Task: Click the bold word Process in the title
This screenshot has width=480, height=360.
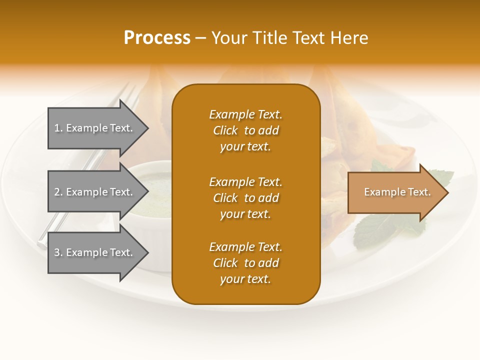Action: [157, 37]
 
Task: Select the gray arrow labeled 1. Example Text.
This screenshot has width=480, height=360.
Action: [95, 128]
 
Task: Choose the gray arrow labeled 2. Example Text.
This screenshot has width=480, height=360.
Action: [95, 192]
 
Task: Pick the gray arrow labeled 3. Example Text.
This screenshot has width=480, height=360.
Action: [95, 252]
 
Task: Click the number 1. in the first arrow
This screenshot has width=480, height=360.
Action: [58, 128]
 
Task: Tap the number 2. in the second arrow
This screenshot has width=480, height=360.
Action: [58, 192]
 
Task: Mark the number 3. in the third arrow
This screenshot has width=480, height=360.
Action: [58, 252]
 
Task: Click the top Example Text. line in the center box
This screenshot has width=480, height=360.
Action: [245, 114]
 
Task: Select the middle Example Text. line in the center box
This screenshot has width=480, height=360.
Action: [245, 181]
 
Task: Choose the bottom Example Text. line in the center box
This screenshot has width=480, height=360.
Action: [245, 247]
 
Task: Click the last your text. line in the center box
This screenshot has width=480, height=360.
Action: [245, 279]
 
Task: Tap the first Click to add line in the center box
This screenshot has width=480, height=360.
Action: [245, 130]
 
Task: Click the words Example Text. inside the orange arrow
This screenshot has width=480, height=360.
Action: [397, 192]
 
